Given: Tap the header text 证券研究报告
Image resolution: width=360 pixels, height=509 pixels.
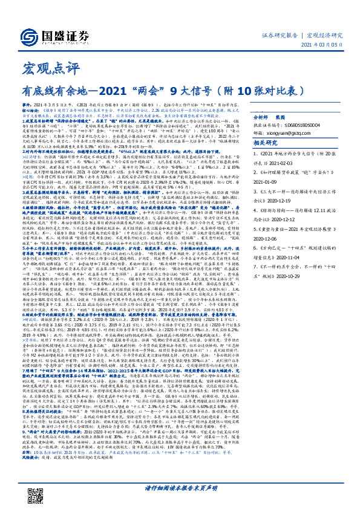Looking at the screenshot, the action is click(281, 36).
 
